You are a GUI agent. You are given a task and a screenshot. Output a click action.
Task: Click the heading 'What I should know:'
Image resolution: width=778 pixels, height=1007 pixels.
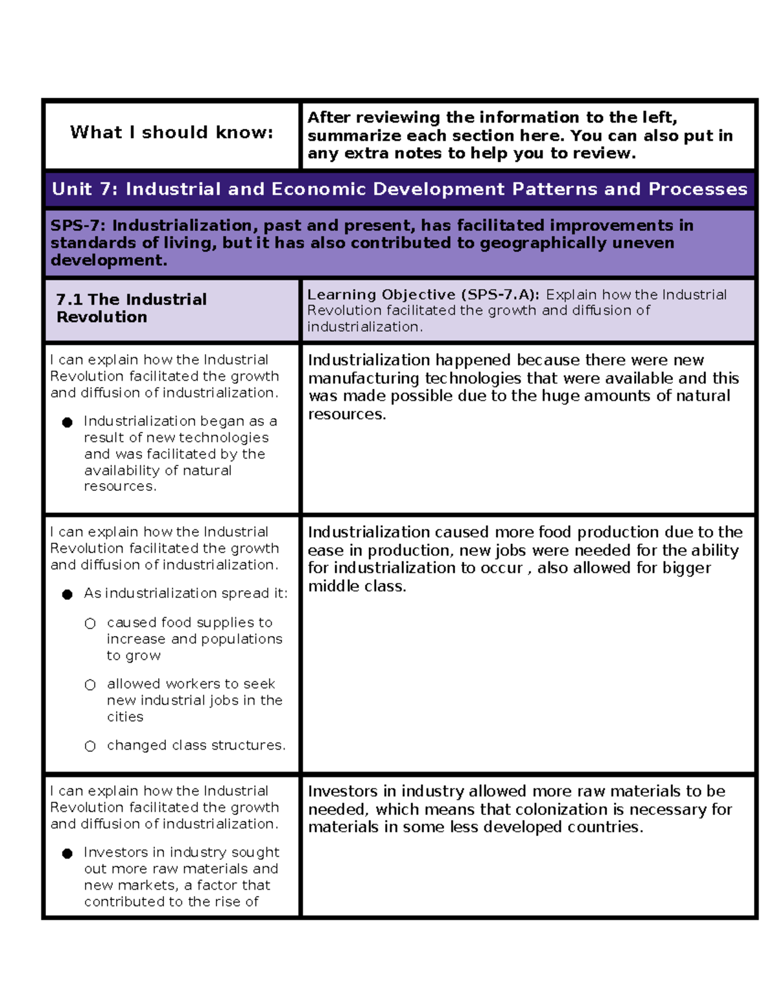[x=171, y=132]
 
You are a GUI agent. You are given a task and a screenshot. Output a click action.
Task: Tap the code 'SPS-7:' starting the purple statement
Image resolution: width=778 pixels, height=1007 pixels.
[x=78, y=226]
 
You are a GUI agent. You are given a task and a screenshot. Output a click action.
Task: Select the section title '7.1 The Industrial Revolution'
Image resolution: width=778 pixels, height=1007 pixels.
[x=131, y=308]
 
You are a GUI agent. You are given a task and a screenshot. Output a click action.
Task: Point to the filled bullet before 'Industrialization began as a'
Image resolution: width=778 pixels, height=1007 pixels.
[x=67, y=422]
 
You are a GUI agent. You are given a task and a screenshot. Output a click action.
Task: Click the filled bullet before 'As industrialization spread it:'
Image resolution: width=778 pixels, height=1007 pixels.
[x=67, y=594]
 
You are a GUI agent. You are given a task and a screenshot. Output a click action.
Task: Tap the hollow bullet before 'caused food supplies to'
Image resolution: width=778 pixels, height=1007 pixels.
[x=90, y=623]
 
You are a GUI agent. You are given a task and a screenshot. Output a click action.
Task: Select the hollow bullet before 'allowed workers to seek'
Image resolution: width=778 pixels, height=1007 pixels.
[x=90, y=685]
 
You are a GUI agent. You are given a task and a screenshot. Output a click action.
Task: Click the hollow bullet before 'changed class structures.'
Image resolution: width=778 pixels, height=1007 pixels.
[x=90, y=746]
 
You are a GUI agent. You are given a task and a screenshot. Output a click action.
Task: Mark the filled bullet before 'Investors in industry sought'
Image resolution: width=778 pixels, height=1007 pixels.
[x=67, y=853]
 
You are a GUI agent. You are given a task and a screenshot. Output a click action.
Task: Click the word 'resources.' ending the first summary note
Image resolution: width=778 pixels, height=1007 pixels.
[x=346, y=414]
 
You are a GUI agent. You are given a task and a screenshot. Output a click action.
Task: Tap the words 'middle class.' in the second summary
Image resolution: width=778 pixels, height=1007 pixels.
[x=357, y=586]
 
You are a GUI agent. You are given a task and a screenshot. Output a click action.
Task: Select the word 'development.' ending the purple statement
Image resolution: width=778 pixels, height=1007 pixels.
[x=108, y=260]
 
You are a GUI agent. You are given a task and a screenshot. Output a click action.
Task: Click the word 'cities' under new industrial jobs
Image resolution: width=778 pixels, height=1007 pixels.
[x=125, y=717]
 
